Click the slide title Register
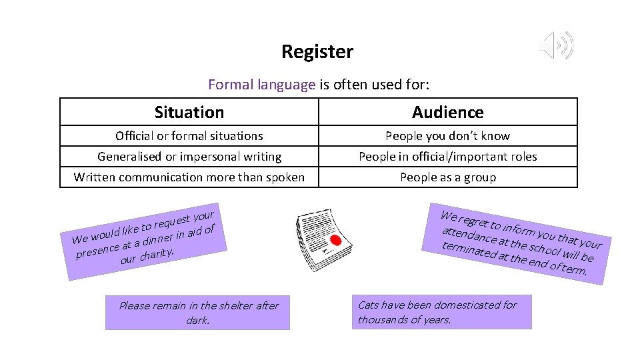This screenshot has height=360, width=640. tap(317, 52)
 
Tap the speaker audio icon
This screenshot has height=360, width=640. tap(555, 45)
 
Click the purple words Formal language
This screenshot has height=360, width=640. tap(261, 85)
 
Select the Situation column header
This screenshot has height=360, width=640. tap(189, 112)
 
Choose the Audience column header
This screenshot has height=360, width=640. tap(448, 112)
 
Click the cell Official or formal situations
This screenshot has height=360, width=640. tap(189, 136)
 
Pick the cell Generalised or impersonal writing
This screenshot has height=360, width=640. tap(189, 157)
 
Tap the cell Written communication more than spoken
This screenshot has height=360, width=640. tap(189, 177)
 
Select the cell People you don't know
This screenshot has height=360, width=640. tap(448, 136)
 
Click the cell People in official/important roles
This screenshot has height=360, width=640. tap(448, 157)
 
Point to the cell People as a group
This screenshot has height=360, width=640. tap(448, 177)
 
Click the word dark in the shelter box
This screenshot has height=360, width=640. tap(197, 320)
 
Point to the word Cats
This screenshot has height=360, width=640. tap(369, 305)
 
